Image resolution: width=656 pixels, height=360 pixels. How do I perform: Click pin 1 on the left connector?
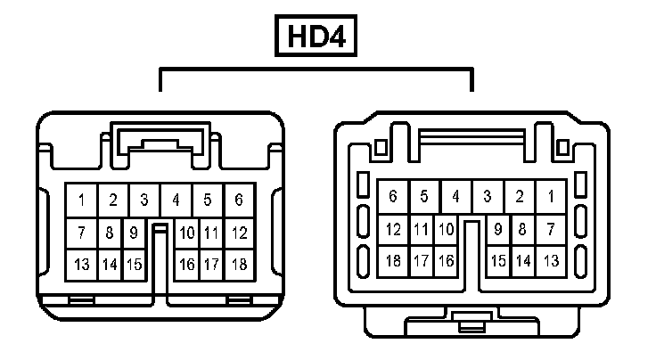(81, 200)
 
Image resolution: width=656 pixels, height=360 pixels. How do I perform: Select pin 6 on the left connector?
(239, 200)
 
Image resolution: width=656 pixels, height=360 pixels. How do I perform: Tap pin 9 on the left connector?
(133, 233)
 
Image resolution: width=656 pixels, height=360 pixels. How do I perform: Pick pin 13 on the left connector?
(81, 264)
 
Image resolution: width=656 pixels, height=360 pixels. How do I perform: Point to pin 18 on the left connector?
(239, 264)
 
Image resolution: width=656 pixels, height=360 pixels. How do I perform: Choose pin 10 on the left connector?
(187, 233)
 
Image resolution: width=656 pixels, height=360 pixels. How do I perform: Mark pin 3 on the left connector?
(143, 200)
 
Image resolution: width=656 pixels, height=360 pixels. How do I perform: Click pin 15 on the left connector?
(134, 264)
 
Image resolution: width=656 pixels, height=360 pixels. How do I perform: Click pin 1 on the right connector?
(551, 196)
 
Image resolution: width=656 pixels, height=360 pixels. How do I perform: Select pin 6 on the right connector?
(393, 196)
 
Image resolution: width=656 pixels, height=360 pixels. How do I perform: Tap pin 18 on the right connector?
(393, 261)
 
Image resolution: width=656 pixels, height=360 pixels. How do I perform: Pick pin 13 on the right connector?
(551, 261)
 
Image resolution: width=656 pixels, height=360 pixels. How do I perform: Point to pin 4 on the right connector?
(455, 196)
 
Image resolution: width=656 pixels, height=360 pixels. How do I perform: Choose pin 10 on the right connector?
(446, 230)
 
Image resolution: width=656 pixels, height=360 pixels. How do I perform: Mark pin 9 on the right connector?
(498, 230)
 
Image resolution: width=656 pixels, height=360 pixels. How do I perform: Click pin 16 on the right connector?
(446, 261)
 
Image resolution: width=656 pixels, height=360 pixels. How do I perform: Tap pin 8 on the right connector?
(523, 230)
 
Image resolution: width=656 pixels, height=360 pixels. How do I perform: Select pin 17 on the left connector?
(212, 264)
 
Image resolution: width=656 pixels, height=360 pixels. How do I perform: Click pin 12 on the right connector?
(393, 230)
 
